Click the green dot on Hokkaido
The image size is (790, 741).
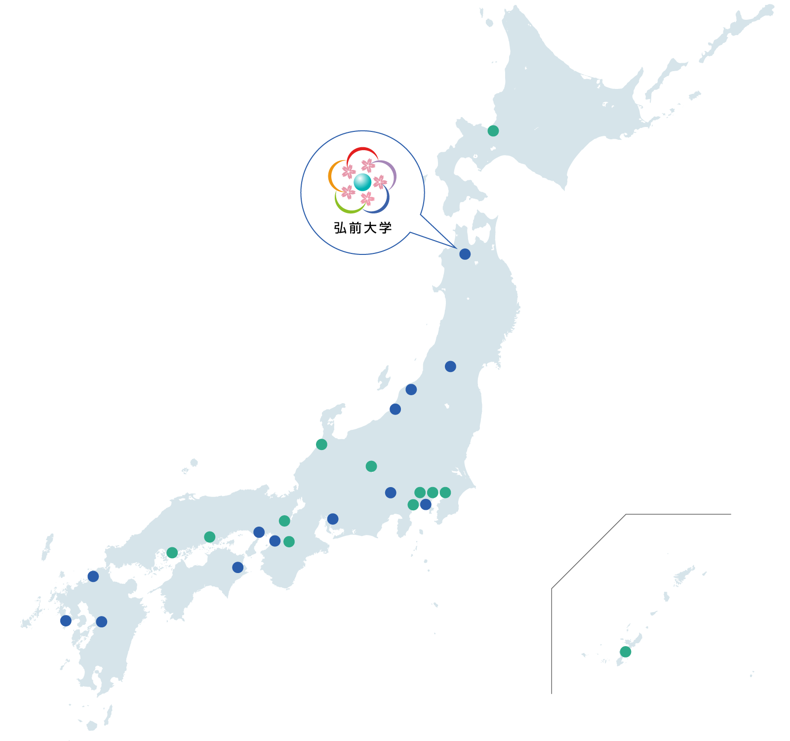pos(493,131)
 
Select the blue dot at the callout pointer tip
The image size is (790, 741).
pos(465,254)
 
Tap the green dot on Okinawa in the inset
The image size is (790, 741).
pos(626,652)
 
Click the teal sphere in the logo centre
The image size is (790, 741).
pos(362,182)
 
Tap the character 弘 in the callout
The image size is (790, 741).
pos(340,228)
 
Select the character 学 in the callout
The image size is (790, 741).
pos(386,228)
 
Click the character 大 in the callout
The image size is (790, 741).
pos(370,228)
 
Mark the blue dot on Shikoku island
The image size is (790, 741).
pos(238,567)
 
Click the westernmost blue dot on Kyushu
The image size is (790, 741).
pos(66,621)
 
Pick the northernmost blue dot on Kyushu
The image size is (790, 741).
pos(93,576)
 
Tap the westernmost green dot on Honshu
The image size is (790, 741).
pos(172,553)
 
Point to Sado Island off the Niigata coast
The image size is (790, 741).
pos(384,378)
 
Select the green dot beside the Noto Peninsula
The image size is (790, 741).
pos(321,445)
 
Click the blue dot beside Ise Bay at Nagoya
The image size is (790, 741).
pos(333,519)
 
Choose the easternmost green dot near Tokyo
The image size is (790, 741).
pos(445,493)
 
